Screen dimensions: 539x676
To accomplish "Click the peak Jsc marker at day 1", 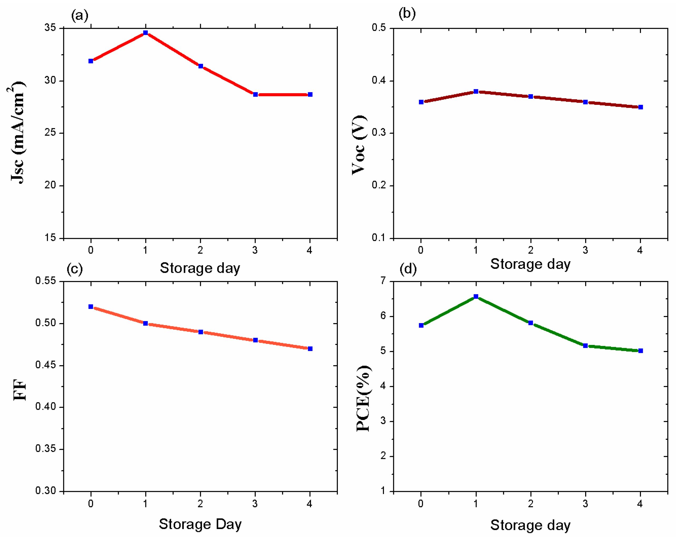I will point(145,33).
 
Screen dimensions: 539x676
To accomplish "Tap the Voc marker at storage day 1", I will point(476,91).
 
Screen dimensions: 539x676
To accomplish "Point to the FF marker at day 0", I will point(91,307).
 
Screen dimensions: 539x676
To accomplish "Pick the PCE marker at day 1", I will point(476,296).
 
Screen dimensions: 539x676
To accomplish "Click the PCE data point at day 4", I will point(640,350).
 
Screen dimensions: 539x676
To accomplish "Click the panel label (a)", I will point(80,15).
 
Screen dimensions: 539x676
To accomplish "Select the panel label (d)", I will point(408,269).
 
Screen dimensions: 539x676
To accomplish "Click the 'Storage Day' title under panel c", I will point(200,524).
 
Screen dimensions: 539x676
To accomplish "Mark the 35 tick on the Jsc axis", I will point(50,28).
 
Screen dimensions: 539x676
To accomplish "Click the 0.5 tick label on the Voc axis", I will point(378,28).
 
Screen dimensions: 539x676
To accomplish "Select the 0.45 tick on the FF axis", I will point(46,365).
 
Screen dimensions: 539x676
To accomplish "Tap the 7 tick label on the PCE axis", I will point(383,281).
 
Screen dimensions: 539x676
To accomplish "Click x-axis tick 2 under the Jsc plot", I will point(200,250).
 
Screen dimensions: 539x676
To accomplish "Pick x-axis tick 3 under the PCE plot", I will point(585,503).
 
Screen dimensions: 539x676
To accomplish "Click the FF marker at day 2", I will point(201,332).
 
